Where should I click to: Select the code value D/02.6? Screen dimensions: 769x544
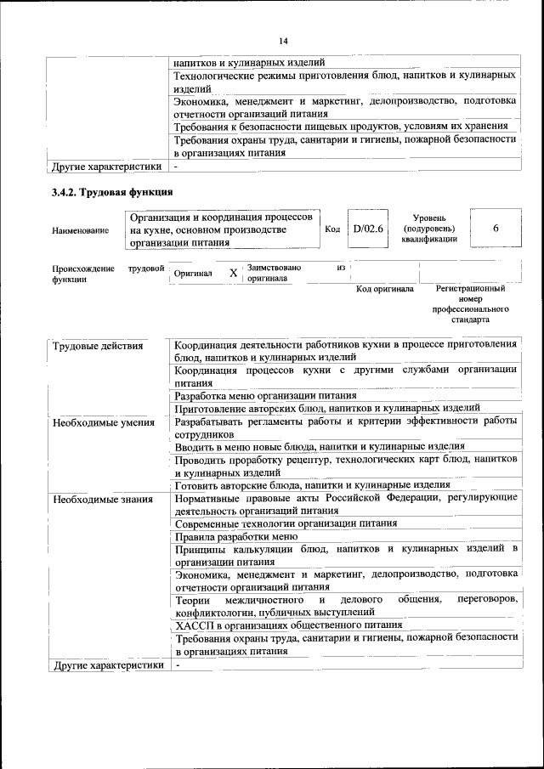coord(369,229)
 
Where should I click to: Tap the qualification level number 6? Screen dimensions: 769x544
coord(496,229)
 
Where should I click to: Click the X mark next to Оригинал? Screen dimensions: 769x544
coord(233,274)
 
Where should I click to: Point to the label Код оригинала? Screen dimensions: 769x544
coord(384,289)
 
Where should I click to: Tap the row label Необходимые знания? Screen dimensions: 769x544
coord(102,499)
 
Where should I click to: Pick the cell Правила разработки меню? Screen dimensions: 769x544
coord(235,536)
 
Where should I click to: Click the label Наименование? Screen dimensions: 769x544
coord(80,229)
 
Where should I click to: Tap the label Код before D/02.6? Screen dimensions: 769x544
coord(332,229)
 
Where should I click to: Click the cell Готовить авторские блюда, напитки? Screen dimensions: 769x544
coord(312,485)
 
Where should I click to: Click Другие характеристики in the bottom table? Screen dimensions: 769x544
coord(107,665)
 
